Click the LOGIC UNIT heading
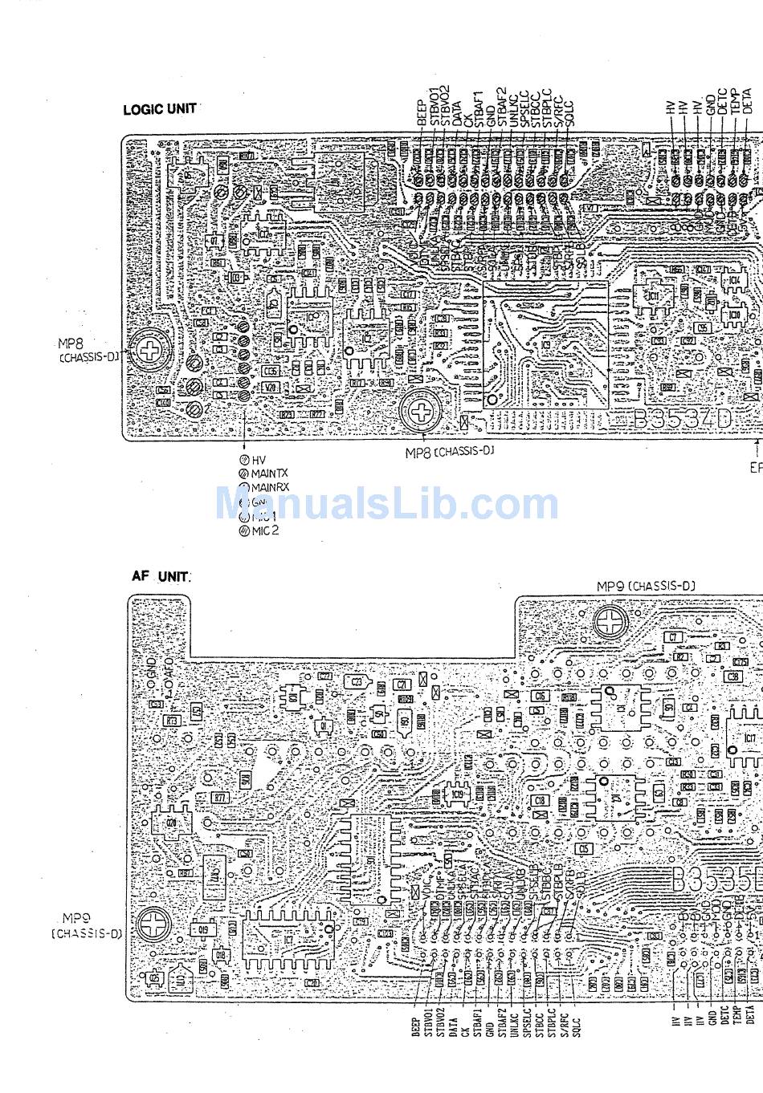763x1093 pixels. pyautogui.click(x=159, y=109)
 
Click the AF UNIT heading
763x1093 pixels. pyautogui.click(x=161, y=576)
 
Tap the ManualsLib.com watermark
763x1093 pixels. pyautogui.click(x=386, y=504)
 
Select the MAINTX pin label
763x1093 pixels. pyautogui.click(x=268, y=474)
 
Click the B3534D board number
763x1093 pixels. pyautogui.click(x=682, y=419)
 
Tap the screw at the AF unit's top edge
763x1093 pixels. pyautogui.click(x=611, y=620)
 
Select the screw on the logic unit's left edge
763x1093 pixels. pyautogui.click(x=149, y=351)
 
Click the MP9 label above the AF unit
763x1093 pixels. pyautogui.click(x=645, y=587)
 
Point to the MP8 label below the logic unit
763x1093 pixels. pyautogui.click(x=449, y=453)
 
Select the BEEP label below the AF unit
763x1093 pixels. pyautogui.click(x=416, y=1028)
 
